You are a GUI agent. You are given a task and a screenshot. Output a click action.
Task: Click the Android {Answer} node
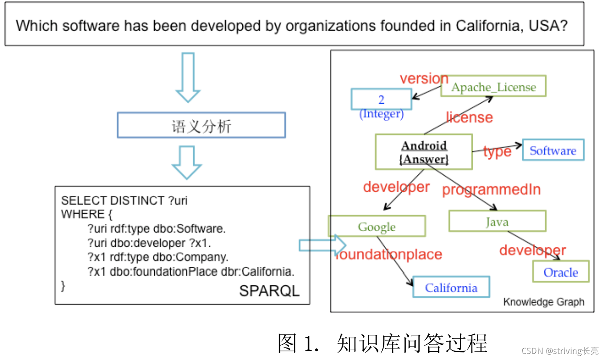pos(423,152)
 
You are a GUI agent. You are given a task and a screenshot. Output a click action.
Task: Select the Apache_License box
pos(493,87)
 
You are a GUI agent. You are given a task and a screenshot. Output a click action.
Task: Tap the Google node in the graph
pos(377,226)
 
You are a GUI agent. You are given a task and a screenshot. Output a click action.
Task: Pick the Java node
pos(497,221)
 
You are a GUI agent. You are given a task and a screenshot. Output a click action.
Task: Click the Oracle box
pos(561,272)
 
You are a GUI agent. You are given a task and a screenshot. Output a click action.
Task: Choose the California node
pos(451,287)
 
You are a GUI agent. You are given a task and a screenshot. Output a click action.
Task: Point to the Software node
pos(553,150)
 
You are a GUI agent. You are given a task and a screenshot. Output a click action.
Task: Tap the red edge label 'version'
pos(424,79)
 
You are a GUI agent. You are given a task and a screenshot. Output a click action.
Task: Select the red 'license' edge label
pos(469,117)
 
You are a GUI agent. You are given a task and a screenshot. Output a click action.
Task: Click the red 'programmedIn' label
pos(491,190)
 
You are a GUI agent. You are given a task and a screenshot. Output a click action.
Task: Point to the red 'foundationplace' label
pos(389,254)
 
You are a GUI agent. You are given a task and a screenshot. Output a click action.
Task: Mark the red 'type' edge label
pos(497,152)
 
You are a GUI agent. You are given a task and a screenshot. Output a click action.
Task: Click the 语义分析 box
pos(201,125)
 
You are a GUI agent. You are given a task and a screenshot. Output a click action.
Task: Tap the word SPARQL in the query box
pos(269,291)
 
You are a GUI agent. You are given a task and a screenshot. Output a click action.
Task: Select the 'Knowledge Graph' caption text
pos(543,302)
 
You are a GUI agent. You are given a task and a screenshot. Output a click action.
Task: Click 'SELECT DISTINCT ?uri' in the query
pos(124,200)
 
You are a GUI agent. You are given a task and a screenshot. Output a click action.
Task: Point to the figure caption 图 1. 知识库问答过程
pos(382,343)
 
